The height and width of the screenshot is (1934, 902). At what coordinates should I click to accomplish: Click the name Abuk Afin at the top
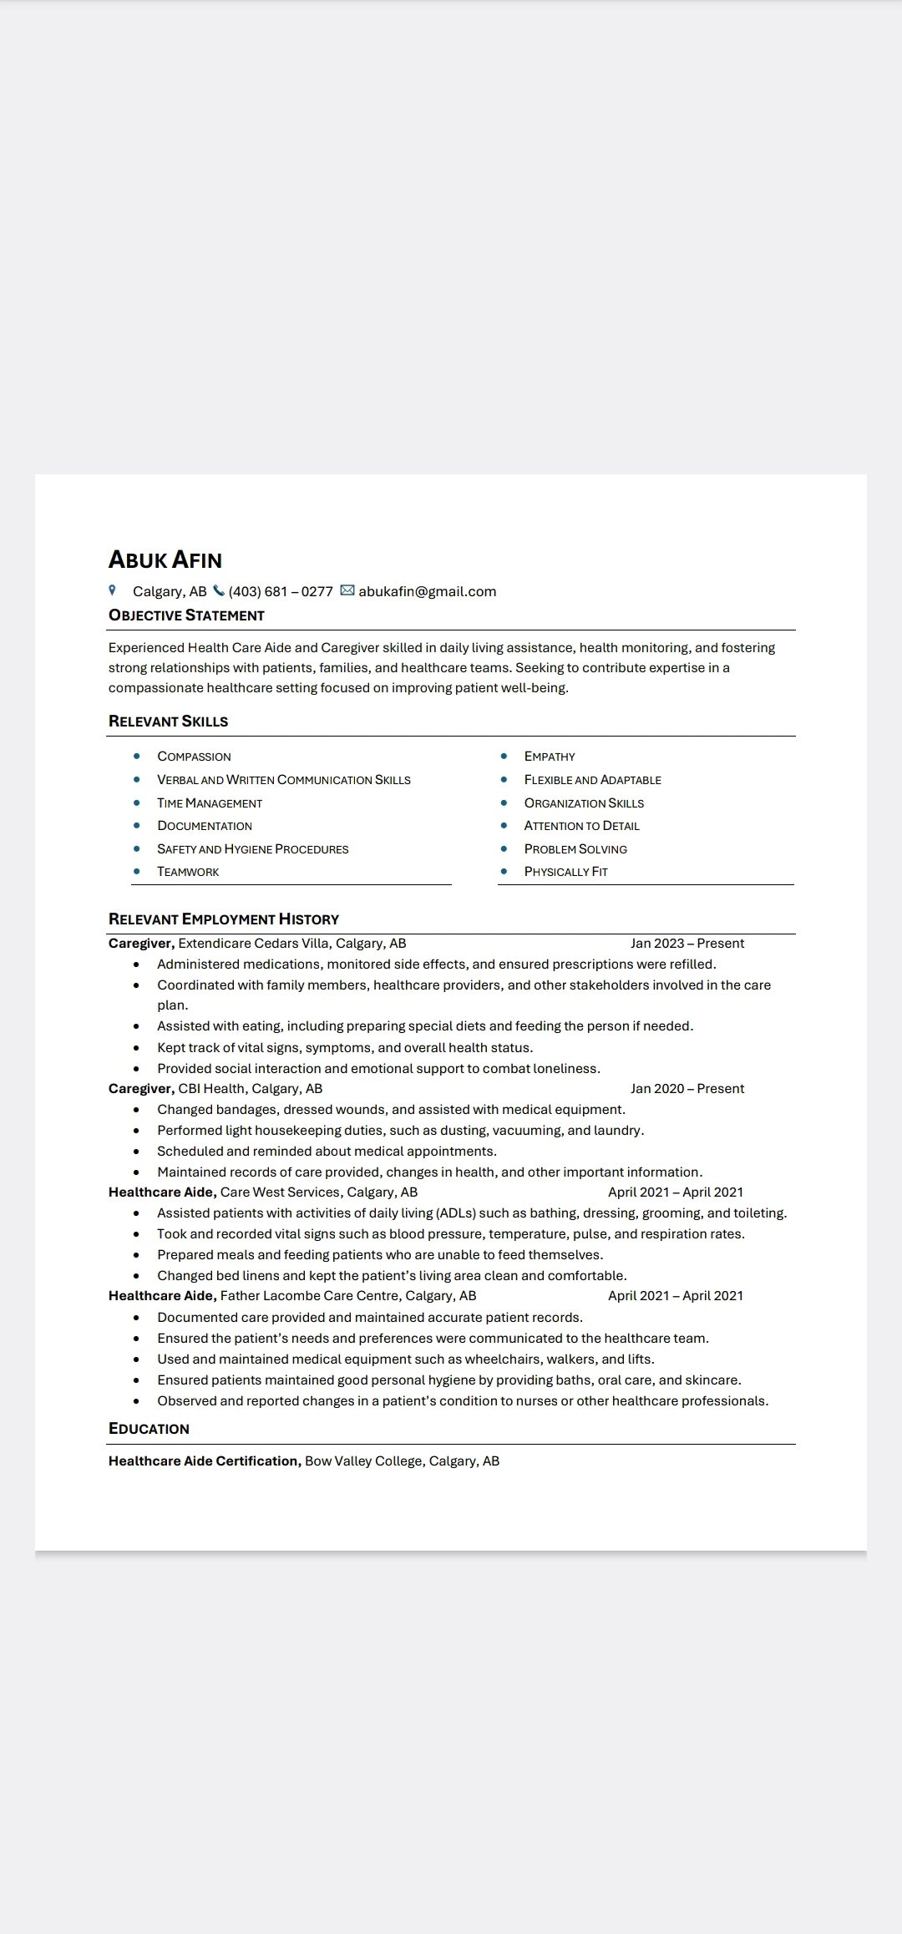(165, 559)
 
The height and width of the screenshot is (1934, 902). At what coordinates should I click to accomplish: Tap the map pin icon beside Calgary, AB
(113, 590)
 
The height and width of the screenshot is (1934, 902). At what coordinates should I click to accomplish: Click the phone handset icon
(219, 591)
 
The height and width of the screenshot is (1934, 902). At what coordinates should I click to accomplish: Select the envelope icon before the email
(347, 591)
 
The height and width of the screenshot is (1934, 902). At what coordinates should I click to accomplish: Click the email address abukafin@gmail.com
(428, 591)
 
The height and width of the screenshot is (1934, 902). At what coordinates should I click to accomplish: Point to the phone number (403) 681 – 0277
(281, 591)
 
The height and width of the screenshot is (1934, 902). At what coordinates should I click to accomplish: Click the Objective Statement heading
(186, 615)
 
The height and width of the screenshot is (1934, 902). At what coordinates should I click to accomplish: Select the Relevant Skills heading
(168, 721)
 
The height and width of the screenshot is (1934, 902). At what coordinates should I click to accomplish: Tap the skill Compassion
(194, 757)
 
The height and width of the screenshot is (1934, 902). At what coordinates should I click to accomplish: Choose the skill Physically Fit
(565, 872)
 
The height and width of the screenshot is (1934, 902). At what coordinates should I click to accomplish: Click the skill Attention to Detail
(581, 826)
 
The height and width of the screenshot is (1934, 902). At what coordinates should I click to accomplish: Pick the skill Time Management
(210, 803)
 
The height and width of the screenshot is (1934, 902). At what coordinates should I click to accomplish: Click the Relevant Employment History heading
(224, 919)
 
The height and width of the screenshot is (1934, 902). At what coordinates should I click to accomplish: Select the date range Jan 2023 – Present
(687, 943)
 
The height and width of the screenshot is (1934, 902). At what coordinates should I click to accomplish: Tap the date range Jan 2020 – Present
(687, 1088)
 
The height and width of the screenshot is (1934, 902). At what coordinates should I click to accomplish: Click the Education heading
(149, 1429)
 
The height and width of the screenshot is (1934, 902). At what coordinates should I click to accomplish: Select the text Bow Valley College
(363, 1461)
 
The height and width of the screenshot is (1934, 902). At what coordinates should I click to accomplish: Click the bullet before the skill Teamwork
(137, 871)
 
